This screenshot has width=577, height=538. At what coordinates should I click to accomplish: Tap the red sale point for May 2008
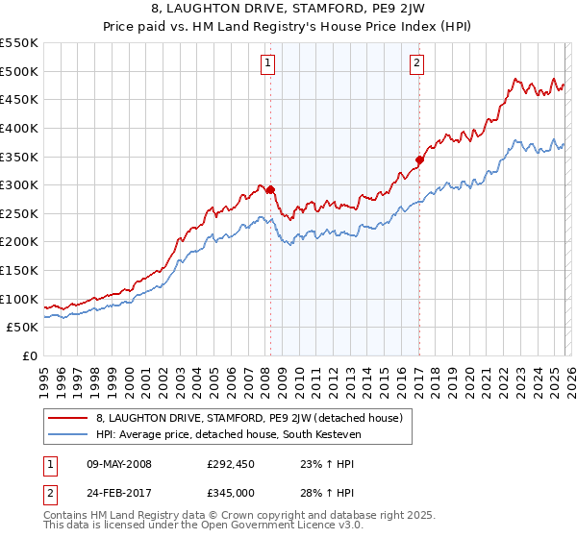point(270,189)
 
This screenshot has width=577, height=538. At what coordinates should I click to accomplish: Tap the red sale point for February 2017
point(420,159)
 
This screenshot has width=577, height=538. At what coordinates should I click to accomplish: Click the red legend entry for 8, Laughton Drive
point(254,418)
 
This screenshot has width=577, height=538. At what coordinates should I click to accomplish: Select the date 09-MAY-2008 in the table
point(120,464)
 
